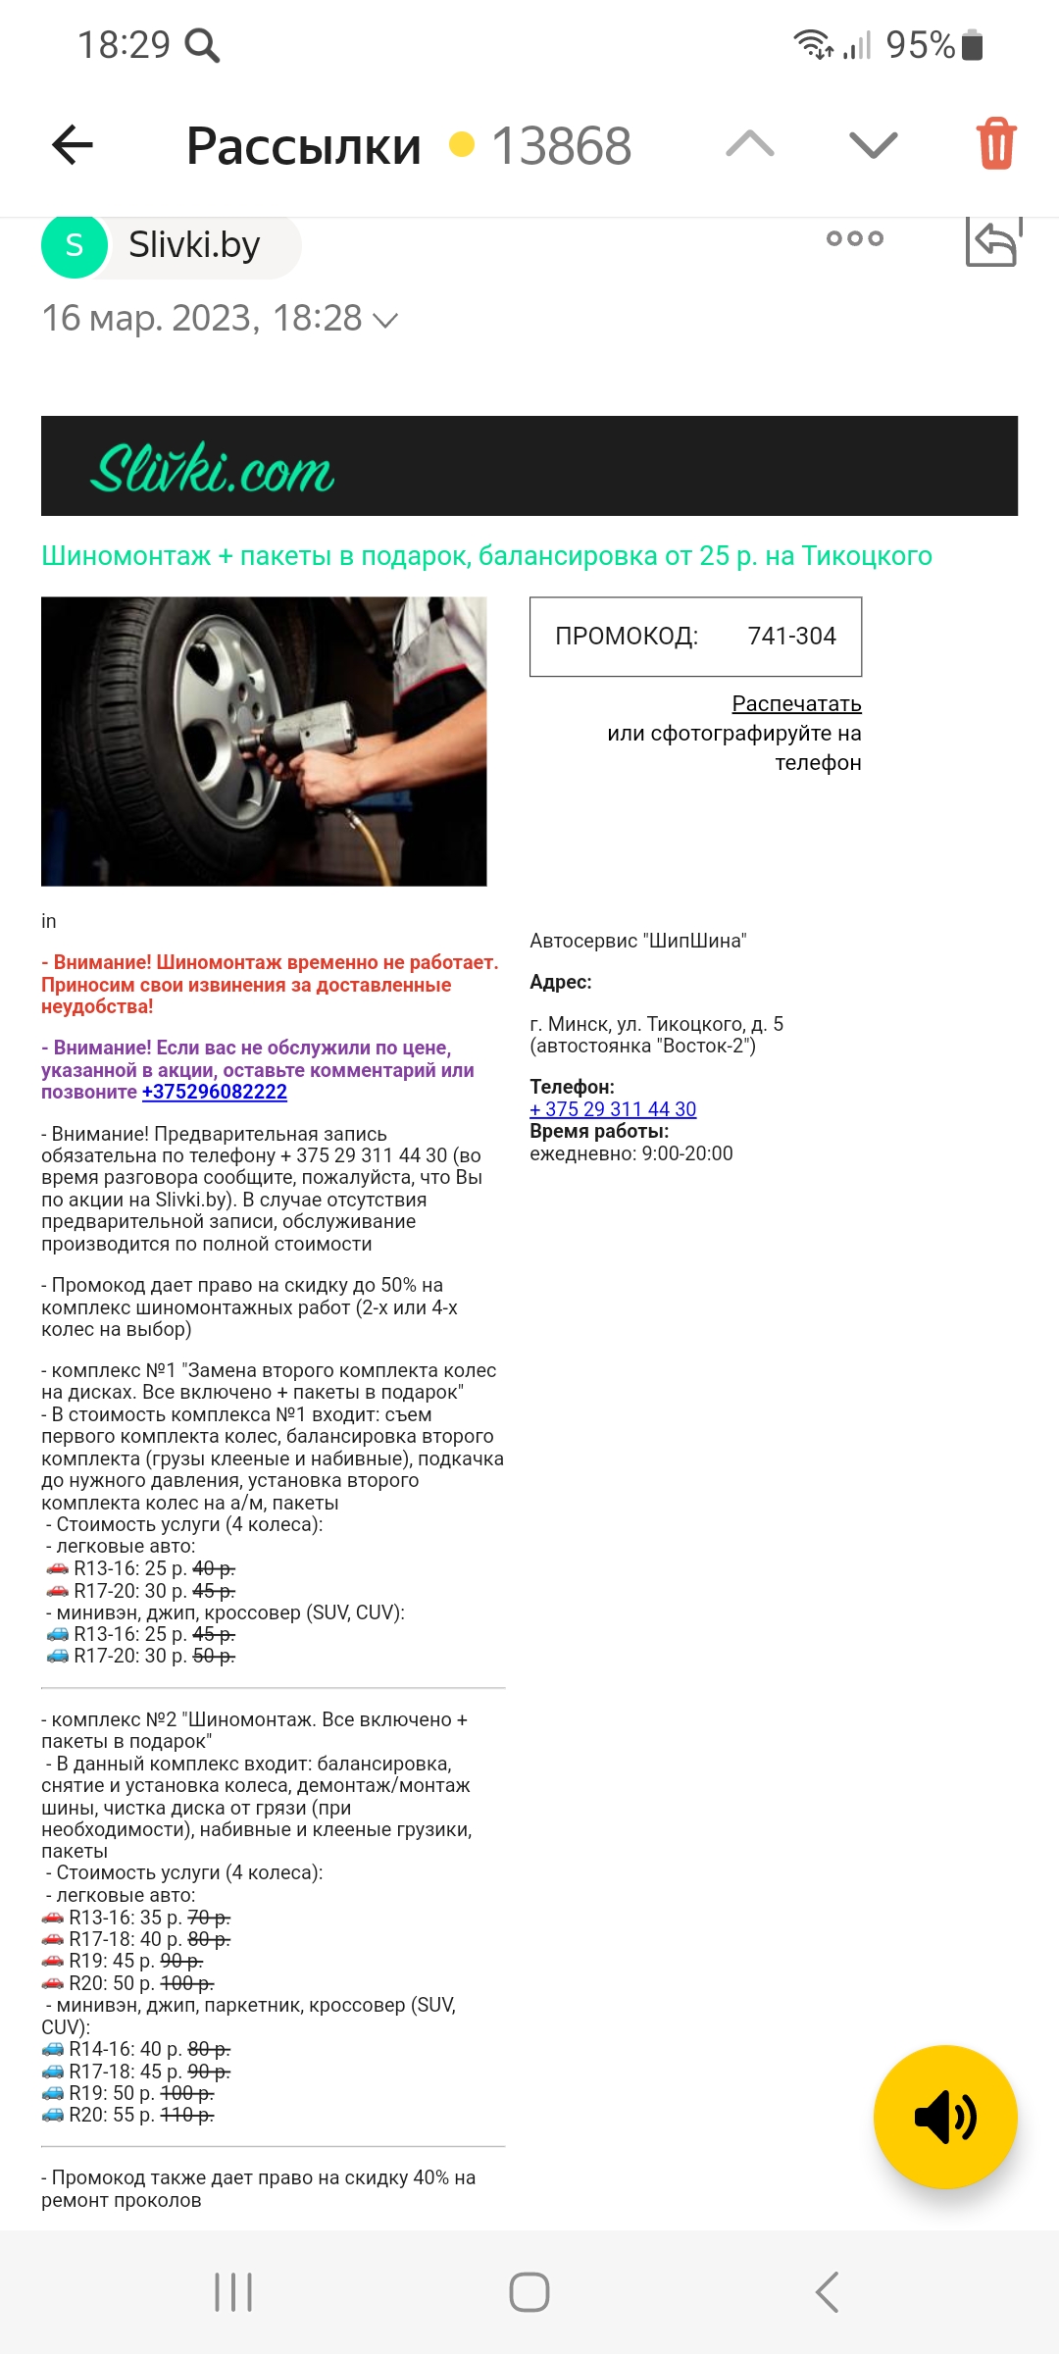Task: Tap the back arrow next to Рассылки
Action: pyautogui.click(x=73, y=145)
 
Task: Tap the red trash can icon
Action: pyautogui.click(x=995, y=144)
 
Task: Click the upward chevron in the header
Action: pyautogui.click(x=750, y=144)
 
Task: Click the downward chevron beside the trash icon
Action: pyautogui.click(x=873, y=144)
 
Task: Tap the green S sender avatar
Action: pyautogui.click(x=75, y=245)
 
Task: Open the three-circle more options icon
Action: pyautogui.click(x=854, y=238)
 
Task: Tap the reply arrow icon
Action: pyautogui.click(x=992, y=241)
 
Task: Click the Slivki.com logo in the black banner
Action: pyautogui.click(x=213, y=468)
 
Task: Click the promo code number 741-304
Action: pyautogui.click(x=791, y=637)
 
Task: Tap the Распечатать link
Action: pyautogui.click(x=796, y=704)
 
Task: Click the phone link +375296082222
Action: pyautogui.click(x=215, y=1092)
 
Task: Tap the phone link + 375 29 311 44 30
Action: pyautogui.click(x=613, y=1109)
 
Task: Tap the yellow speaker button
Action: pyautogui.click(x=944, y=2117)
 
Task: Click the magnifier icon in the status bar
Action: pyautogui.click(x=202, y=45)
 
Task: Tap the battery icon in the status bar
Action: pyautogui.click(x=972, y=45)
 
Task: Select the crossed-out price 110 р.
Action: pyautogui.click(x=186, y=2115)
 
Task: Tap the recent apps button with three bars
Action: pyautogui.click(x=233, y=2292)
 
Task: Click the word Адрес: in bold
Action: pyautogui.click(x=561, y=982)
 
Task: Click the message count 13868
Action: pyautogui.click(x=561, y=146)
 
